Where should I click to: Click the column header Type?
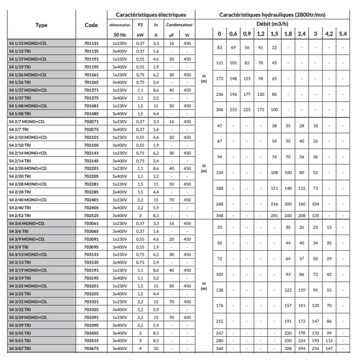(41, 25)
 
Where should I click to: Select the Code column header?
(91, 25)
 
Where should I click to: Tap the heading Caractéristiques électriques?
(151, 14)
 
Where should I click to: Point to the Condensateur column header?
(181, 25)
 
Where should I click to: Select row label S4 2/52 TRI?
(22, 215)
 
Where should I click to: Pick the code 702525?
(91, 215)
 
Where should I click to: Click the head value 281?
(274, 215)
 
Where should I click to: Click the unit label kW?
(141, 34)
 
